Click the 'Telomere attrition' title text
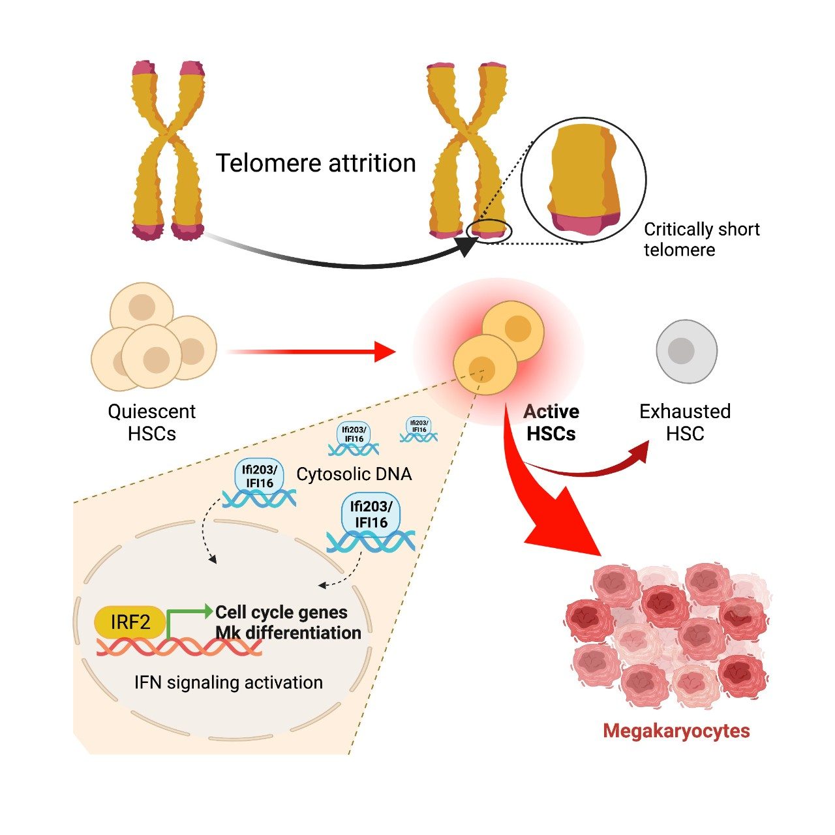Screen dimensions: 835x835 [316, 163]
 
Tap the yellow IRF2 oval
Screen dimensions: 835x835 [130, 622]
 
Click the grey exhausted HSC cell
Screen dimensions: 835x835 [686, 351]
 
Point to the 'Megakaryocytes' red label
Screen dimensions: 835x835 [676, 731]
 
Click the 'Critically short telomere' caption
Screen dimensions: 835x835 [701, 239]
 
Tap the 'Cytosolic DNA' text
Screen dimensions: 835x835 [354, 474]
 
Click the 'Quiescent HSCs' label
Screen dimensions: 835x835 [151, 423]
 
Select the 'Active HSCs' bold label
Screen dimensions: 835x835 [551, 423]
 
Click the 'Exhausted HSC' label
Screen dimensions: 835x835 [685, 423]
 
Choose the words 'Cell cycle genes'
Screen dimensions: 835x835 [281, 613]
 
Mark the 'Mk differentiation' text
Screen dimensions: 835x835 [288, 633]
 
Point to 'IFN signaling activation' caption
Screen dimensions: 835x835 [228, 682]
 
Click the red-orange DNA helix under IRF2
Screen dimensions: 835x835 [179, 647]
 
